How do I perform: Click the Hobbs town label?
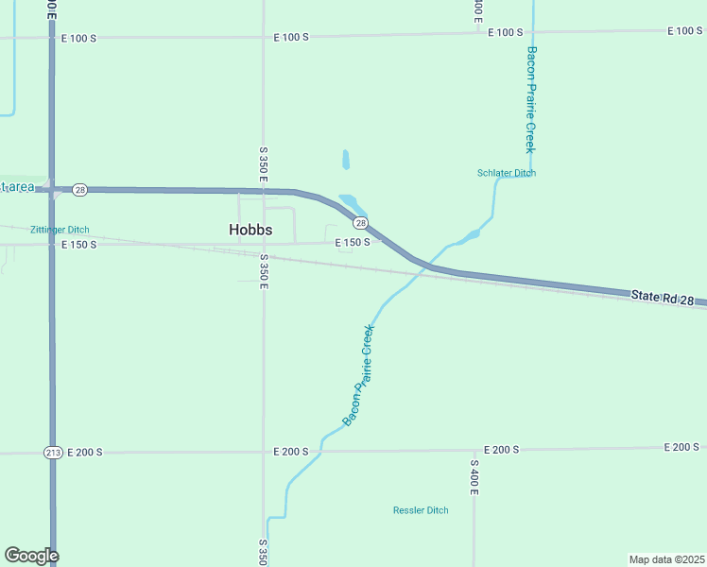(x=250, y=230)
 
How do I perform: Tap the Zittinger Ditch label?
(x=60, y=230)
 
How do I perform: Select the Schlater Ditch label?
(x=507, y=173)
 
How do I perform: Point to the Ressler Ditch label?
(x=421, y=510)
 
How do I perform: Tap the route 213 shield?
(x=53, y=453)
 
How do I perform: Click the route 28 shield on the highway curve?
(x=360, y=223)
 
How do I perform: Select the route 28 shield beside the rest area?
(x=80, y=190)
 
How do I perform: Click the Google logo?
(x=31, y=556)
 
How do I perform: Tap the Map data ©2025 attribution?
(x=667, y=558)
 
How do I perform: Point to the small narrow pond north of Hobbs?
(x=346, y=159)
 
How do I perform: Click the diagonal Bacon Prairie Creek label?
(x=358, y=375)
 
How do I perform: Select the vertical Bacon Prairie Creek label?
(x=531, y=99)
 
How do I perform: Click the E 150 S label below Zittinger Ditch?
(x=79, y=245)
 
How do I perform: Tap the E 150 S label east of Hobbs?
(x=353, y=243)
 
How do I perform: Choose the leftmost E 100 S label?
(x=78, y=39)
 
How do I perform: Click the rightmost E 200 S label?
(x=681, y=447)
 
